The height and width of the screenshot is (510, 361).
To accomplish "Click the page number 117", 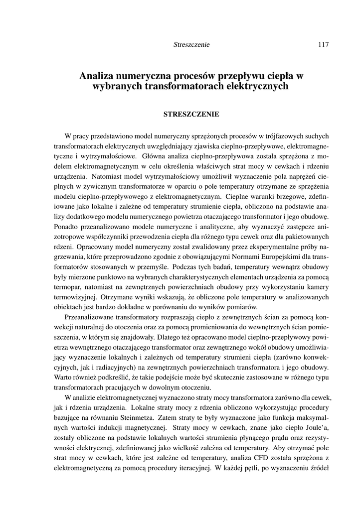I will (323, 45).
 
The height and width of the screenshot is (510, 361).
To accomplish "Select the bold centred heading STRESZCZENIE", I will (191, 114).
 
